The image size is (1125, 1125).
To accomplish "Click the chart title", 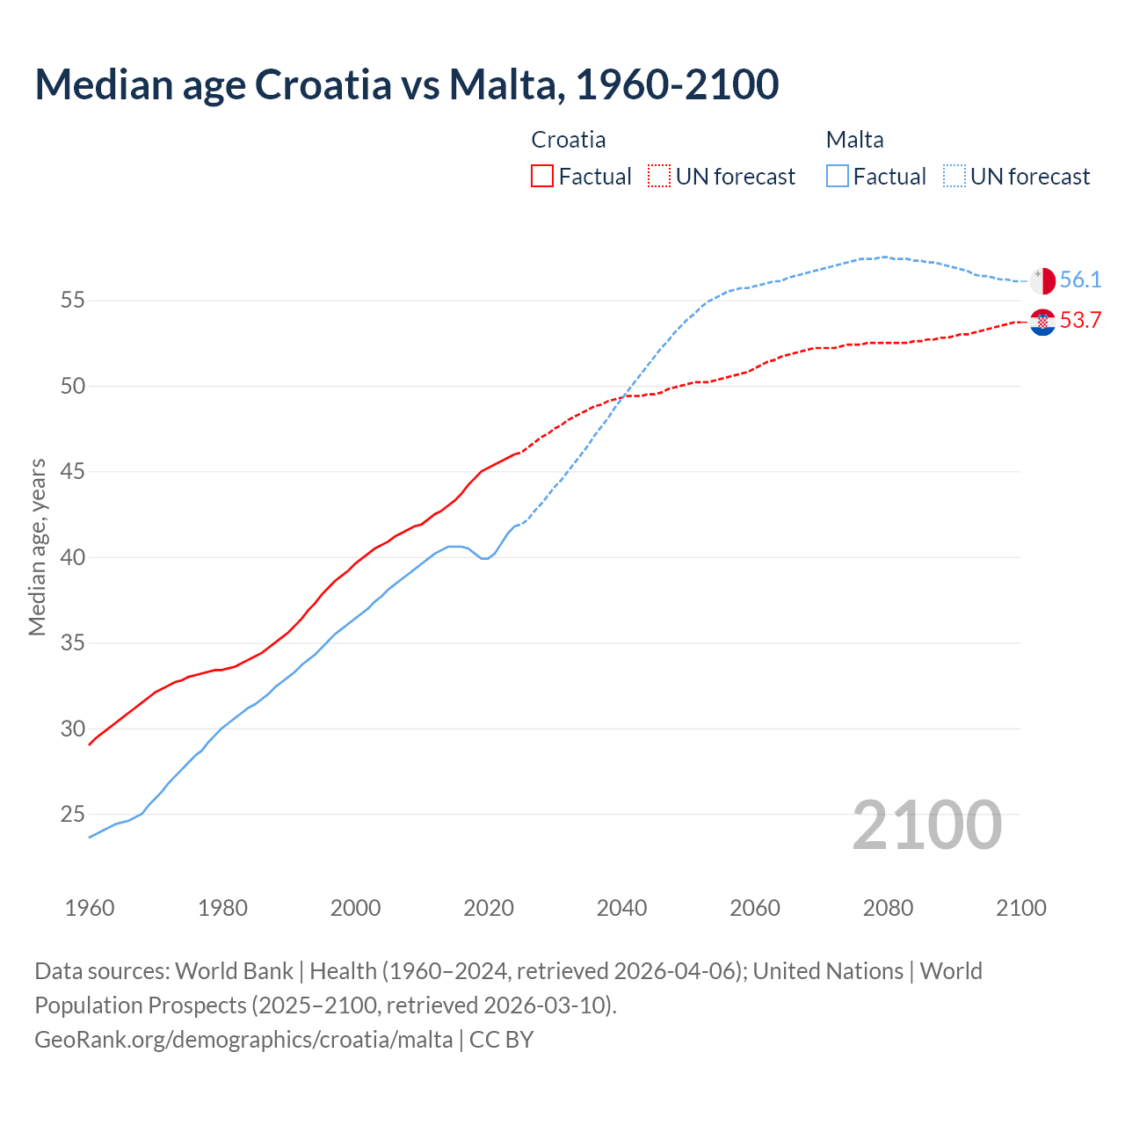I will pos(406,84).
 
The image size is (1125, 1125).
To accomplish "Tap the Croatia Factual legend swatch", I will pos(542,176).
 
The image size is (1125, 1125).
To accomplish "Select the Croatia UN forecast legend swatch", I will pos(659,176).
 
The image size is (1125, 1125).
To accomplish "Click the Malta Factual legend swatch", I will pos(838,176).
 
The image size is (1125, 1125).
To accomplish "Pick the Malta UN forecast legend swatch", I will pos(954,176).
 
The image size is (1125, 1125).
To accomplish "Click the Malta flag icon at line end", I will pos(1042,281).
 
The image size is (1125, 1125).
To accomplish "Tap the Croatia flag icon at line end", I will pos(1042,322).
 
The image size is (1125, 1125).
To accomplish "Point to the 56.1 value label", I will pos(1080,280).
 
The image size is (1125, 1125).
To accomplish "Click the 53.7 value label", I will pos(1080,321).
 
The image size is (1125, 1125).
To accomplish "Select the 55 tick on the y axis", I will pos(73,301).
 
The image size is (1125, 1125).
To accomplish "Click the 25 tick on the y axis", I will pos(73,815).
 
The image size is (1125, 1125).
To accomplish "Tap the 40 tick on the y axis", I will pos(73,557).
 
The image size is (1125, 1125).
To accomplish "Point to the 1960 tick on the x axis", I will pos(90,908).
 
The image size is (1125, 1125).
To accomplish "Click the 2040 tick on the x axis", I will pos(622,908).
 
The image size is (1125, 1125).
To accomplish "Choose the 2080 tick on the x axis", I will pos(888,908).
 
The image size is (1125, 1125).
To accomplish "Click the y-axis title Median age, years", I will pos(37,547).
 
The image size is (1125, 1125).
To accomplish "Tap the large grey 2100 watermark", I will pos(926,825).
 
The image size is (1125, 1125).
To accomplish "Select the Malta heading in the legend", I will pos(854,140).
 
